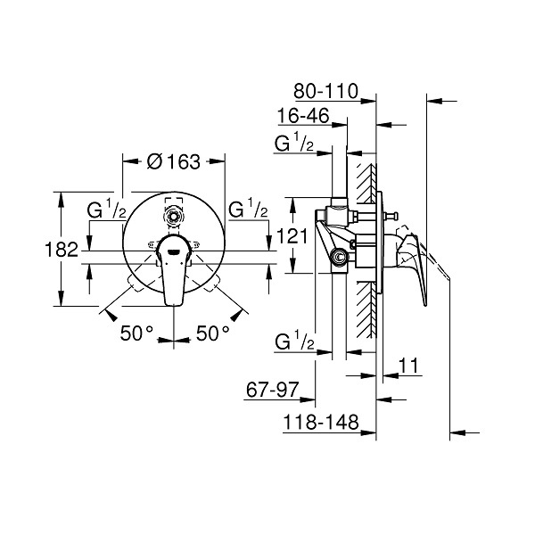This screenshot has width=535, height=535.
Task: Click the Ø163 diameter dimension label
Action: [x=174, y=161]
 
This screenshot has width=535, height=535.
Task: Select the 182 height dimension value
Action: [x=62, y=250]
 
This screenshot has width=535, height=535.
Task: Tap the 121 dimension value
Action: [x=292, y=235]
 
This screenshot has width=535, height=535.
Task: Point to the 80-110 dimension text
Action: [x=325, y=91]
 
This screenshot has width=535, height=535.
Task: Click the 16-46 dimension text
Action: [x=303, y=115]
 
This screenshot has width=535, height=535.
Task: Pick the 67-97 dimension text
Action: [x=272, y=390]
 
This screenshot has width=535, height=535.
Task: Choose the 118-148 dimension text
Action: [x=321, y=422]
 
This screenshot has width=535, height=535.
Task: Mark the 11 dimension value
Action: [x=408, y=366]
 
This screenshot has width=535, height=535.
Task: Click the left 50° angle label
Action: [x=136, y=333]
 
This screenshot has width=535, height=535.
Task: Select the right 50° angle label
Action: [x=213, y=333]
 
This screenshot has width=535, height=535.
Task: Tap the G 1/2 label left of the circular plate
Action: [x=106, y=210]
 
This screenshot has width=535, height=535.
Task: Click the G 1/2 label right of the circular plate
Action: [x=248, y=209]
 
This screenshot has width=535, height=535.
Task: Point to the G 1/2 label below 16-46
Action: [x=294, y=143]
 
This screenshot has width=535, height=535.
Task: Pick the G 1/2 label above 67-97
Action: [x=294, y=342]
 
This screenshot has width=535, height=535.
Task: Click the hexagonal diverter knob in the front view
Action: [x=174, y=217]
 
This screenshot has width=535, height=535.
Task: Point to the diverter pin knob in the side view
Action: [x=392, y=217]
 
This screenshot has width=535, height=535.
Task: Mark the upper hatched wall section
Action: [x=366, y=181]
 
